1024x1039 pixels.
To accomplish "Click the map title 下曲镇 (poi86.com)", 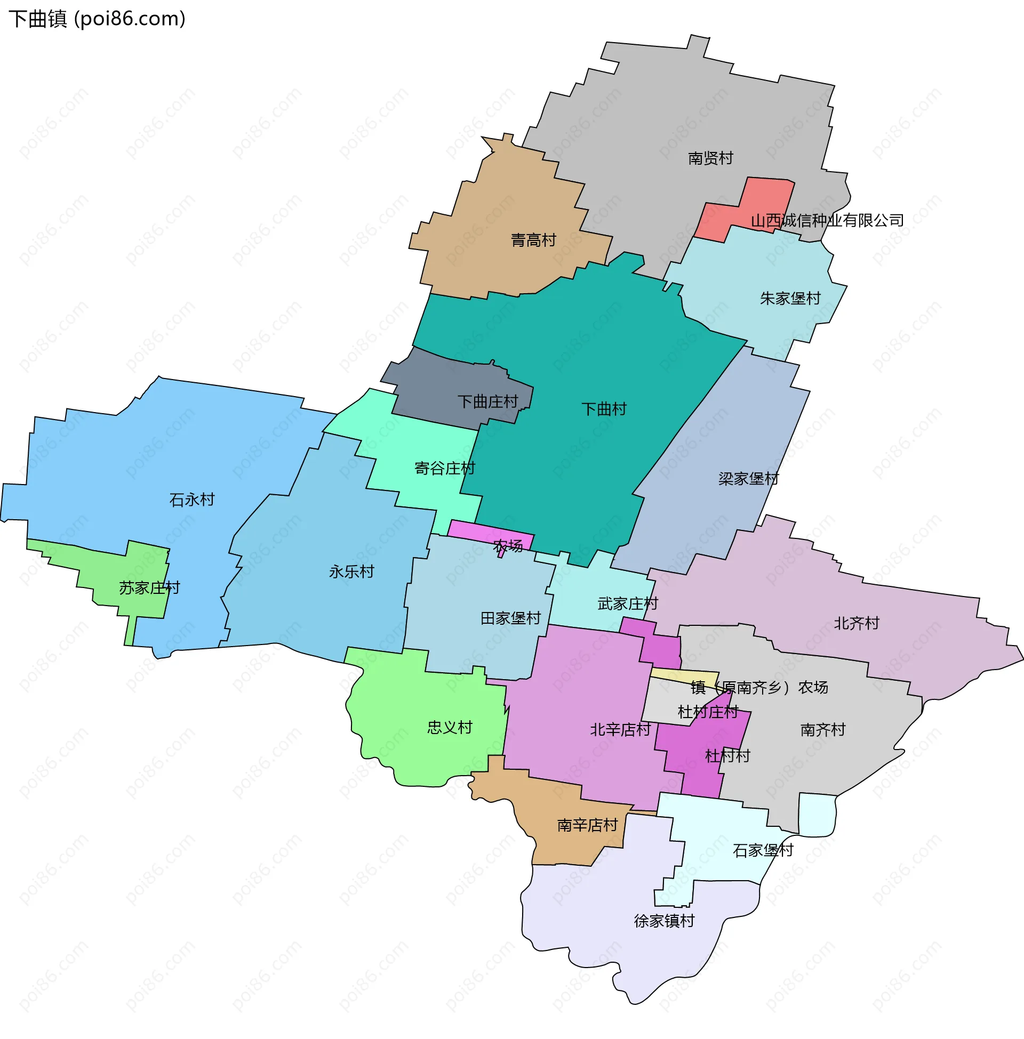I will [97, 19].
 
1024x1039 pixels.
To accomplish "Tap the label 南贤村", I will [710, 158].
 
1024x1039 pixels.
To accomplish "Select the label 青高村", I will [533, 240].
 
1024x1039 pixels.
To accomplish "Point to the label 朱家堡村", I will [789, 299].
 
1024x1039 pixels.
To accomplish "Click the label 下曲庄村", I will [487, 401].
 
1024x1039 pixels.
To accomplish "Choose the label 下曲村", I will [603, 409].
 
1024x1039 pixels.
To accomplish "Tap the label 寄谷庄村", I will [444, 468].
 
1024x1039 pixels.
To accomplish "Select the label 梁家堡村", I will [748, 478].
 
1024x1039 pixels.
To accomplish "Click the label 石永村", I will [192, 500].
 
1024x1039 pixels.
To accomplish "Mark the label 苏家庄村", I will [149, 588].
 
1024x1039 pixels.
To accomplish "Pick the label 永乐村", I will [351, 571].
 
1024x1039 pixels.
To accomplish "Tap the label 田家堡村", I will [510, 618].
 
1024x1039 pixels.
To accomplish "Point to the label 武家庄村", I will [627, 603].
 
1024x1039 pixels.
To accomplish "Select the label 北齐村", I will [856, 624].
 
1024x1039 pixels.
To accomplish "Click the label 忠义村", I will [450, 727].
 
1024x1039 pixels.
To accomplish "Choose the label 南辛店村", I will [587, 825].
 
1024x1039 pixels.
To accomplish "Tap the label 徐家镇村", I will [663, 921].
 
